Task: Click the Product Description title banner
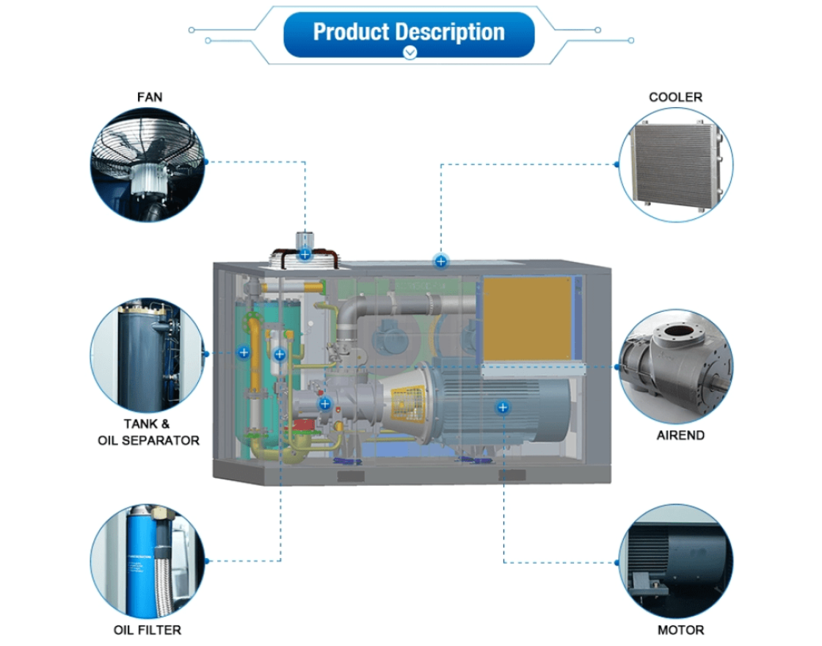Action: (409, 32)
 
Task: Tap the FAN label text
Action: (149, 97)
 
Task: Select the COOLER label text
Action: (675, 97)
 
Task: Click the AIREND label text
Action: (680, 435)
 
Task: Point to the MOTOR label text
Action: (680, 630)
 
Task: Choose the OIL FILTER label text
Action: (148, 630)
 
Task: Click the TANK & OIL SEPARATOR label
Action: (148, 432)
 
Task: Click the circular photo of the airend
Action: (676, 366)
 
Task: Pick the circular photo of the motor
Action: (676, 562)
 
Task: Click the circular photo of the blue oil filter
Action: (148, 561)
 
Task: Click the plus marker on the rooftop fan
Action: (305, 255)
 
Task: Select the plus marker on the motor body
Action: (503, 406)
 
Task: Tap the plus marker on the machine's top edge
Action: (440, 261)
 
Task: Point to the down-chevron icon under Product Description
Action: (410, 52)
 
